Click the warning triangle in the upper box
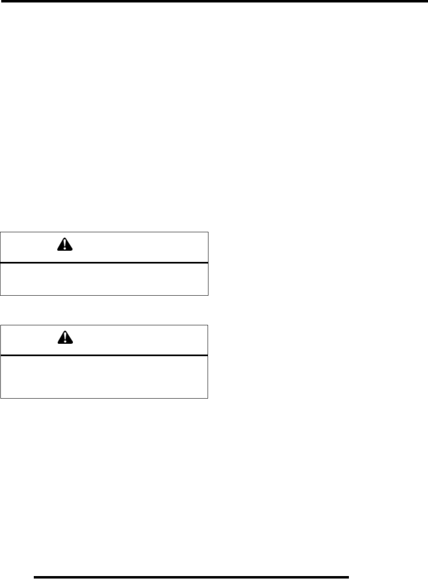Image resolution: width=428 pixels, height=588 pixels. tap(64, 245)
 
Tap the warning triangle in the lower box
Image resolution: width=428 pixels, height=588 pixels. tap(64, 338)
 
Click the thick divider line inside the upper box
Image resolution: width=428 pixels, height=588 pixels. tap(104, 262)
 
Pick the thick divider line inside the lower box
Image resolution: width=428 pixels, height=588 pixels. tap(104, 355)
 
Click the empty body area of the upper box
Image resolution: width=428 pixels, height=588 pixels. tap(104, 279)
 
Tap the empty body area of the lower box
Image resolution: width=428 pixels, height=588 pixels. tap(104, 376)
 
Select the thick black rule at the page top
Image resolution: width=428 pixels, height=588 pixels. tap(214, 1)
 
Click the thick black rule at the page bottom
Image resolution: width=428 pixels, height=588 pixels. tap(191, 577)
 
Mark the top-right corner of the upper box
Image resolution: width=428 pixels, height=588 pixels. tap(208, 233)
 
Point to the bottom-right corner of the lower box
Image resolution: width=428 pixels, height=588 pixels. tap(208, 398)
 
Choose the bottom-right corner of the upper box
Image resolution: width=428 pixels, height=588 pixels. tap(208, 295)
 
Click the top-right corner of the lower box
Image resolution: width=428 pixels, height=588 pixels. tap(208, 325)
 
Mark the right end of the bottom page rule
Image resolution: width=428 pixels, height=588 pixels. tap(348, 577)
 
